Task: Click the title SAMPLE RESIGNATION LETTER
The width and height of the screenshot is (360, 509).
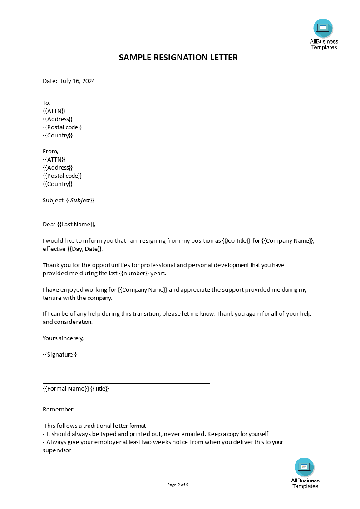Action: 178,58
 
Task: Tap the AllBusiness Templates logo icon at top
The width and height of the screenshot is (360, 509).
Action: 323,28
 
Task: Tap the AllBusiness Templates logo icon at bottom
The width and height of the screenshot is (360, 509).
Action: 304,467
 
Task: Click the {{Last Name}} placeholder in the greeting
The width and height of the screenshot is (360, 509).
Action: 76,224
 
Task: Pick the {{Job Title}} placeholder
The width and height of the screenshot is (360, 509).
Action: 236,240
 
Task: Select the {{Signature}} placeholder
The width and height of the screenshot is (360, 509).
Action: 60,354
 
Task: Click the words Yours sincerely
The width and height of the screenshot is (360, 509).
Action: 63,338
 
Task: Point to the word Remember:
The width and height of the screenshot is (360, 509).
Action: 59,409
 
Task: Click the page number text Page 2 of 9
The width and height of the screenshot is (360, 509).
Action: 178,485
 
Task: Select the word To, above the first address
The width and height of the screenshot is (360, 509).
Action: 46,103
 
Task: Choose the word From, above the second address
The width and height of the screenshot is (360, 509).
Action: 51,151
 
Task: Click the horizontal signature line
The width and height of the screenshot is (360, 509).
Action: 126,383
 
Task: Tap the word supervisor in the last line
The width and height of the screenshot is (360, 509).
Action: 57,450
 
